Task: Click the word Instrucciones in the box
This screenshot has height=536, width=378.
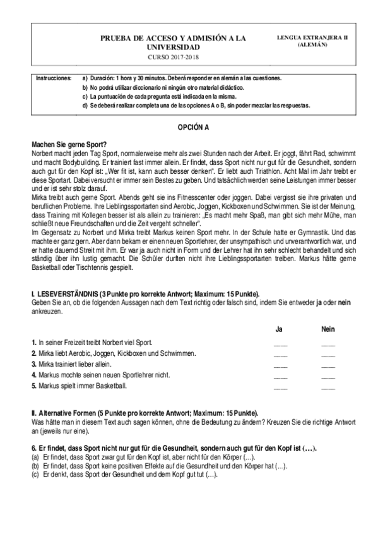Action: [54, 78]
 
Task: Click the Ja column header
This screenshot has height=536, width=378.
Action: [280, 329]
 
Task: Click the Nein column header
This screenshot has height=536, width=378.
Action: [328, 329]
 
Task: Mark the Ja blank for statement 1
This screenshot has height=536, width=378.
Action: [280, 344]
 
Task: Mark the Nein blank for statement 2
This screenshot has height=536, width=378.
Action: [328, 355]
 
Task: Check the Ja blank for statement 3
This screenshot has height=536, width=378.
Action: [280, 365]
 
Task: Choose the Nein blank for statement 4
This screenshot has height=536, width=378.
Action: [328, 376]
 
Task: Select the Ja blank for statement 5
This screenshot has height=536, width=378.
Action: [280, 387]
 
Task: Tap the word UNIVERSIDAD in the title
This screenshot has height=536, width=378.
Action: [174, 47]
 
